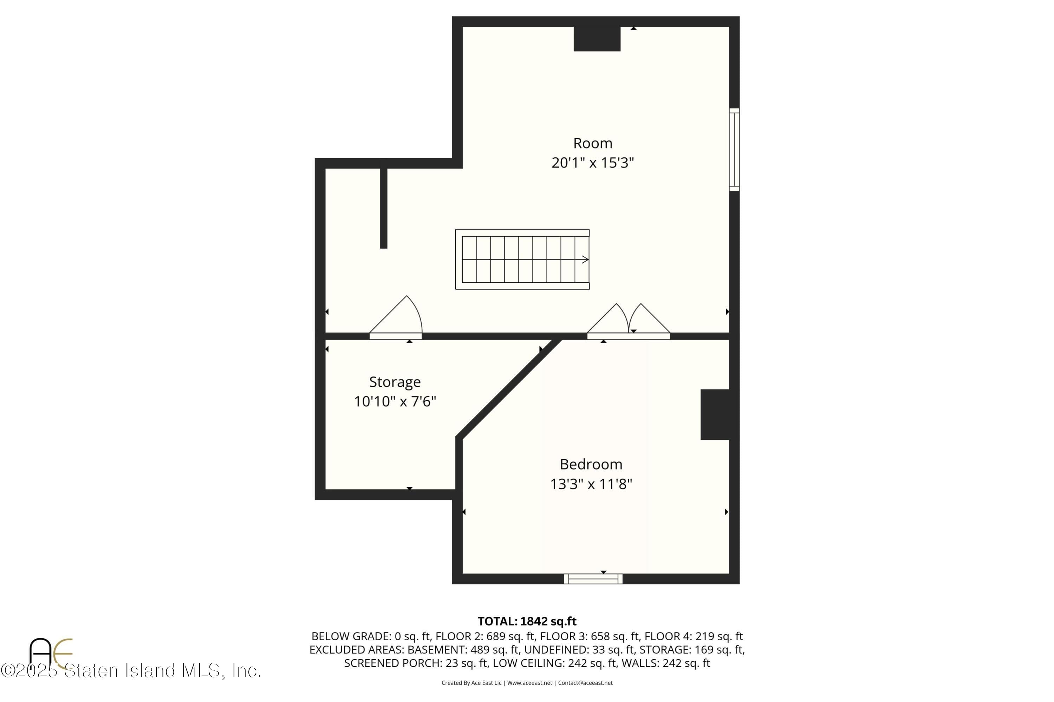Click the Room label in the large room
point(592,143)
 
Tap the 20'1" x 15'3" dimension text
point(592,163)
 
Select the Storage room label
point(395,382)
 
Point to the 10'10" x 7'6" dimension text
point(395,401)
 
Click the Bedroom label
point(591,464)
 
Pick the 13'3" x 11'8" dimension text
point(591,484)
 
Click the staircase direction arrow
point(585,259)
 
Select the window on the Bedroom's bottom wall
point(593,579)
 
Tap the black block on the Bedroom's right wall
point(715,415)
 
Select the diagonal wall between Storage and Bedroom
point(508,388)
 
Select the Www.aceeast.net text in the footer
point(529,683)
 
